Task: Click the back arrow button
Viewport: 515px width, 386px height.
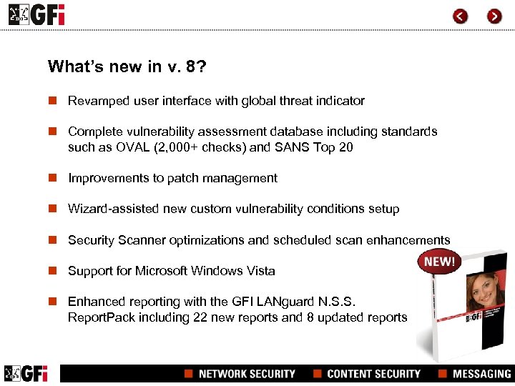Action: pos(461,16)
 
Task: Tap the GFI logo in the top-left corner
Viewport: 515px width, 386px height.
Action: pos(36,14)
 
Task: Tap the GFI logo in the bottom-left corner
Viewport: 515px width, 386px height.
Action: pos(26,373)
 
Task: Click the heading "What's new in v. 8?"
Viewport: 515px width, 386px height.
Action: pos(127,66)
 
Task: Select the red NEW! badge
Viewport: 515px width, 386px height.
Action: pos(439,262)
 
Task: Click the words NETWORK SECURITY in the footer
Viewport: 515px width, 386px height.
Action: pos(247,374)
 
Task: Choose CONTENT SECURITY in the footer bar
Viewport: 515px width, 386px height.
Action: pos(373,374)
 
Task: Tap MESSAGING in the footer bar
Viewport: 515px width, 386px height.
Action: pos(481,374)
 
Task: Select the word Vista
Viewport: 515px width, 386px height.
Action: pos(258,271)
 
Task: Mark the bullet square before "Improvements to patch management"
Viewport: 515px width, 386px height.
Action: pos(52,178)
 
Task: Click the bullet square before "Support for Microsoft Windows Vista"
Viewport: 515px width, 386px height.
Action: pos(52,271)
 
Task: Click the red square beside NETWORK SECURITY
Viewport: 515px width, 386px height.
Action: pos(189,374)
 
